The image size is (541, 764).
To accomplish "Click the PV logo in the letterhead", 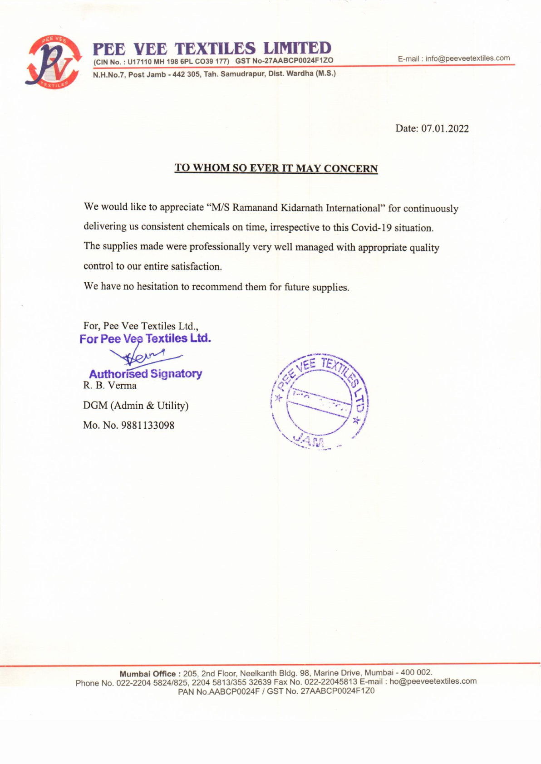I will point(54,62).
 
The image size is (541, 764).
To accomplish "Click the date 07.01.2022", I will point(445,129).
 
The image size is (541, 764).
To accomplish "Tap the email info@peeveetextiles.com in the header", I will point(467,59).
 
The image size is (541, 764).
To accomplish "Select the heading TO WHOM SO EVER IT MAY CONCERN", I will point(276,168).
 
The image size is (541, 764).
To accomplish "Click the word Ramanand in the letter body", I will point(255,208).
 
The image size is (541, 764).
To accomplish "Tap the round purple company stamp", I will point(320,401).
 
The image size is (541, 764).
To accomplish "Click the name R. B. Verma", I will point(110,386).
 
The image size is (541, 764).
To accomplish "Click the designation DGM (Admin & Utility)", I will point(136,406).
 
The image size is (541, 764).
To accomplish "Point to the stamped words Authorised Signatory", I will point(145,374).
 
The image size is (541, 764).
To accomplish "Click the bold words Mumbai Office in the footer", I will point(148,674).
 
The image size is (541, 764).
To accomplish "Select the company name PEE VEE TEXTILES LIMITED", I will point(212,49).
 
